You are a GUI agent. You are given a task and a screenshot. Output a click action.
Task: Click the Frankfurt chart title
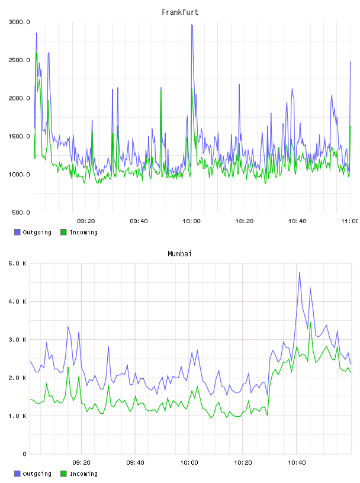pos(180,12)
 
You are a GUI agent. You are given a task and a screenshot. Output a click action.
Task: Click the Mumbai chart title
pos(179,253)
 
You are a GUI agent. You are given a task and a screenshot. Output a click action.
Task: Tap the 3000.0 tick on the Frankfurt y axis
pos(19,22)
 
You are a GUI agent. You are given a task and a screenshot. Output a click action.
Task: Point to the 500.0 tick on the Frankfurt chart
pos(21,212)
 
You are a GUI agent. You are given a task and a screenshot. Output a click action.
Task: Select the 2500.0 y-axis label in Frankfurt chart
pos(19,60)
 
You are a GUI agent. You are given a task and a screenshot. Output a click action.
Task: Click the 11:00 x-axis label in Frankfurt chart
pos(351,221)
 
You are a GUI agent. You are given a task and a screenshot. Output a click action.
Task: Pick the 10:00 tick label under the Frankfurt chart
pos(191,221)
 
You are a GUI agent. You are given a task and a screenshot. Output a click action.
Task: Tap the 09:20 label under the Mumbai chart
pos(81,462)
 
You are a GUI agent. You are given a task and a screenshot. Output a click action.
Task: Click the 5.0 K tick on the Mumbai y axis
pos(17,263)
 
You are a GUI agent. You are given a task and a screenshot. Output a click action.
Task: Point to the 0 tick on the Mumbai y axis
pos(25,454)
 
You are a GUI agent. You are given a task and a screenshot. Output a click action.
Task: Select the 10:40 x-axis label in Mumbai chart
pos(297,462)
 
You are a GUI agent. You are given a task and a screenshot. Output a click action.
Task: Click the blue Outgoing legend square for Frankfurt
pos(17,232)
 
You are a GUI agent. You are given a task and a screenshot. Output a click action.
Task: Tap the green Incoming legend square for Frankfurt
pos(63,232)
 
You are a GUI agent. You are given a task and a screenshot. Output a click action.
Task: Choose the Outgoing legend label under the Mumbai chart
pos(37,474)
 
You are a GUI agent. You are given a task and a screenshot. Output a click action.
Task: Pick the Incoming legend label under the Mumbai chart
pos(83,474)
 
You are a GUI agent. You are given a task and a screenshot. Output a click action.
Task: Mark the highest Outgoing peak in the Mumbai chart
pos(299,273)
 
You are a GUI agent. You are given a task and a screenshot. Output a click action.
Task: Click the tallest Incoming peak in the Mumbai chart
pos(310,323)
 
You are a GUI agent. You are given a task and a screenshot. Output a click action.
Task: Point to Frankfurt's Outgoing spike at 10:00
pos(192,25)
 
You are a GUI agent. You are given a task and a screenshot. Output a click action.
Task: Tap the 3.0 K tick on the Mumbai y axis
pos(17,339)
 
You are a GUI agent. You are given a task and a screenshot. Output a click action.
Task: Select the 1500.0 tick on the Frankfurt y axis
pos(19,136)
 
